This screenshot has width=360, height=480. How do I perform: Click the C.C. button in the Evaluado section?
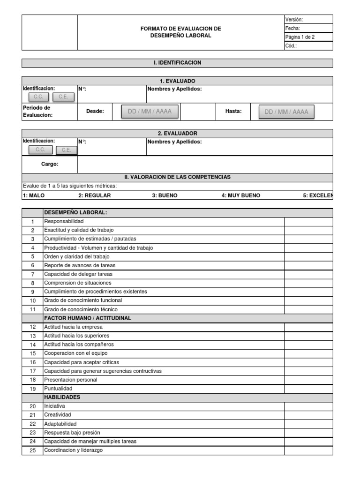[38, 97]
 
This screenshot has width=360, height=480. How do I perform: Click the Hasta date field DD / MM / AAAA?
[286, 112]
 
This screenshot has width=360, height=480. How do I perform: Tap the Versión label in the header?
[294, 19]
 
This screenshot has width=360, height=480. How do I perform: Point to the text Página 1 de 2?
[300, 37]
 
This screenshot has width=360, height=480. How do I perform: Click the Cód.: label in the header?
[291, 46]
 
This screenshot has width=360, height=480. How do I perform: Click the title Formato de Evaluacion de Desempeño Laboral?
[180, 32]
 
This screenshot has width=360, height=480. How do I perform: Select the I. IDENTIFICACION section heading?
[177, 63]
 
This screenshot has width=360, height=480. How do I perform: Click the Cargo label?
[50, 165]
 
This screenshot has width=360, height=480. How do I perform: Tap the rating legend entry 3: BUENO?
[165, 195]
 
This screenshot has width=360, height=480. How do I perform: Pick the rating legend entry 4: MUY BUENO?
[240, 195]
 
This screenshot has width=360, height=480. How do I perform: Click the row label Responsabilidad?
[64, 221]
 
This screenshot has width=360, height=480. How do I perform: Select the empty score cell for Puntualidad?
[308, 389]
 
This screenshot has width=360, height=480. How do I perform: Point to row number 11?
[32, 309]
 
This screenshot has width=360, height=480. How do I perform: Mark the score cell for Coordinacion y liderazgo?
[308, 450]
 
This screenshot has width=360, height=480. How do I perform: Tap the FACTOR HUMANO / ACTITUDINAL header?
[87, 318]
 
